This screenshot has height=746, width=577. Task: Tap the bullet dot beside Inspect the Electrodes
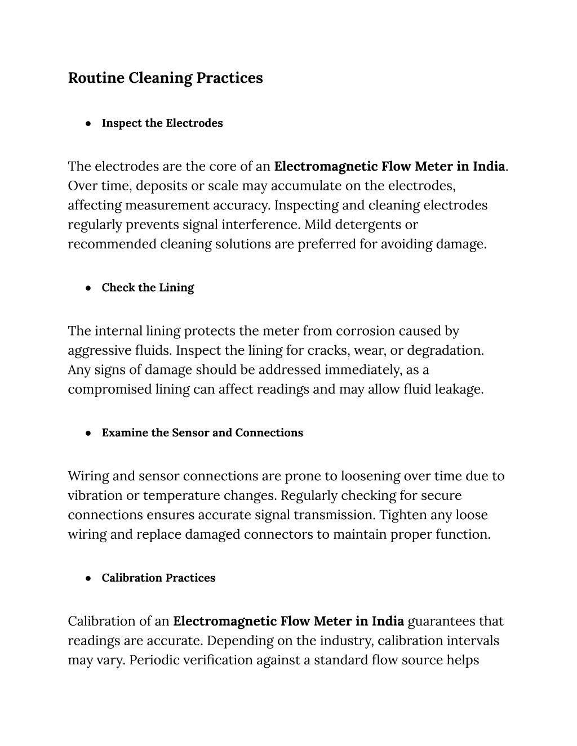click(x=88, y=123)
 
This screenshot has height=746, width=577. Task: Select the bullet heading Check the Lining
click(x=148, y=288)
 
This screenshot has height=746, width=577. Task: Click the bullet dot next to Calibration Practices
click(x=88, y=578)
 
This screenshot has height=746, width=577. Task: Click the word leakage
click(x=459, y=390)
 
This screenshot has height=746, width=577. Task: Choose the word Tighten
click(x=403, y=515)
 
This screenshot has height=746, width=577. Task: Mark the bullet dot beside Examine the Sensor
click(x=88, y=433)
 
